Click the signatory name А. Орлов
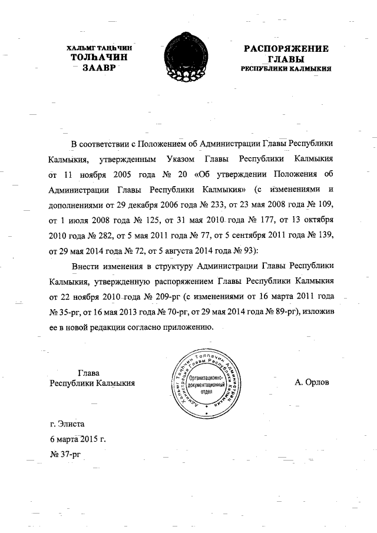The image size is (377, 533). click(x=312, y=382)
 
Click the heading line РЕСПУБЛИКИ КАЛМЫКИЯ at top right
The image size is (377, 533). click(x=286, y=69)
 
